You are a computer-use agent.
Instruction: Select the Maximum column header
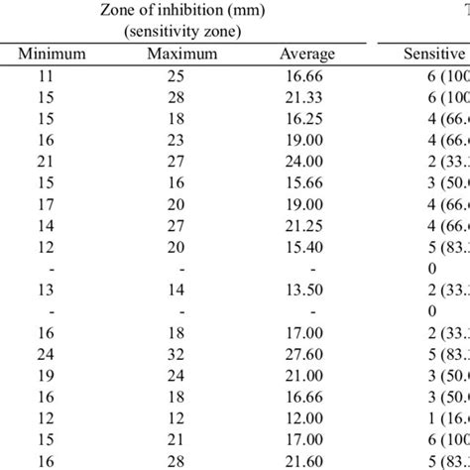click(181, 55)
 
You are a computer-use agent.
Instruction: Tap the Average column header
click(306, 55)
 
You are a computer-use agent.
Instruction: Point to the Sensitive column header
click(431, 55)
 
